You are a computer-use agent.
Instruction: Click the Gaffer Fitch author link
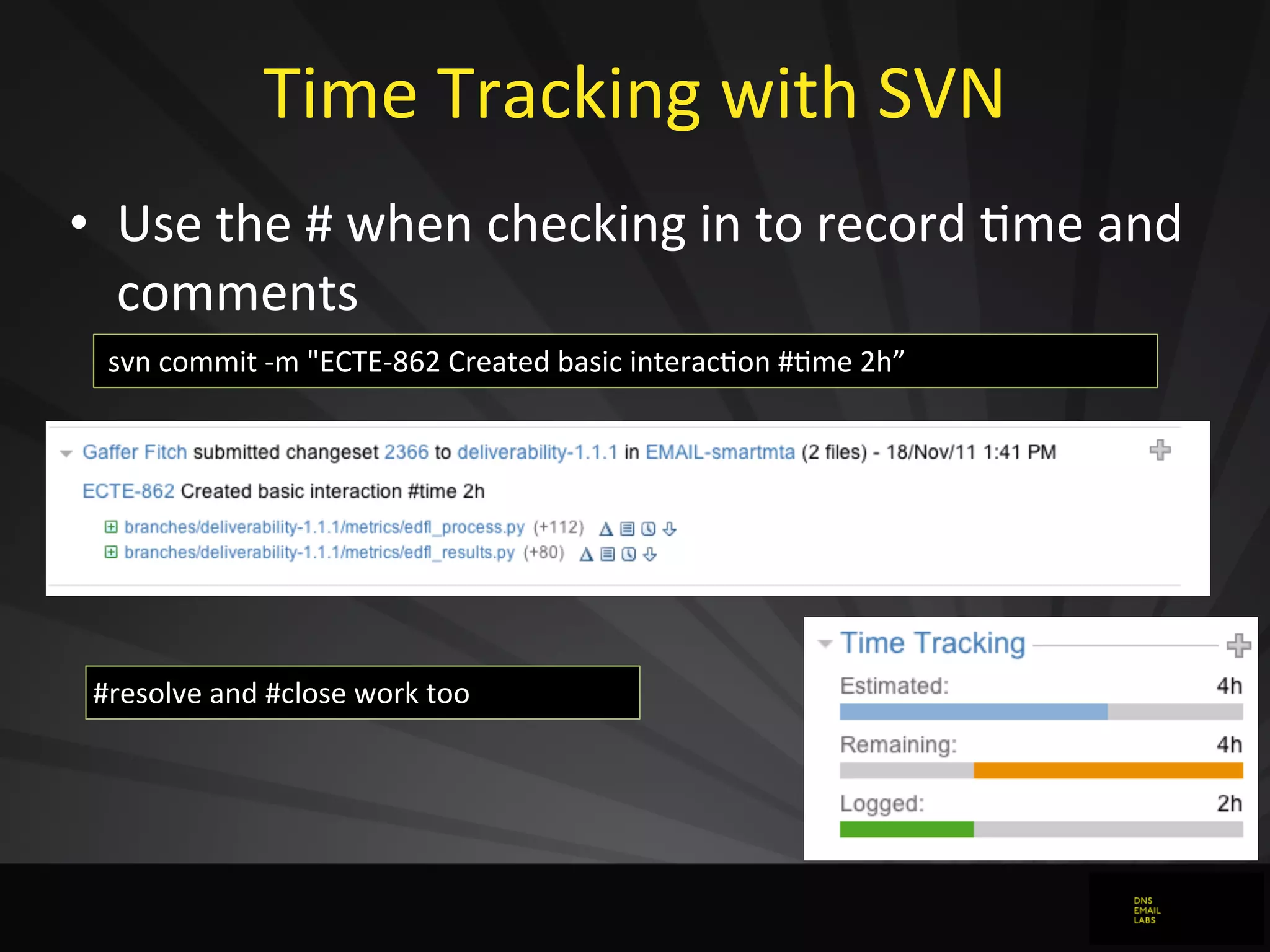click(x=135, y=452)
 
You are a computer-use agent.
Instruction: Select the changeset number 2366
click(x=406, y=452)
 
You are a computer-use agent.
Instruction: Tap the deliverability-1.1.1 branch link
click(x=537, y=452)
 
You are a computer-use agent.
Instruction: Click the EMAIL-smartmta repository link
click(x=720, y=452)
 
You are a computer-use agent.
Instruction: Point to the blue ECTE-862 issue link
click(x=128, y=491)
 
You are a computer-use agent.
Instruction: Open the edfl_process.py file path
click(x=324, y=527)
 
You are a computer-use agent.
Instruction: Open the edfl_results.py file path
click(x=319, y=552)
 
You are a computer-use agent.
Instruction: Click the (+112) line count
click(x=559, y=527)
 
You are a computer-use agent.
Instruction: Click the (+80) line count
click(x=544, y=552)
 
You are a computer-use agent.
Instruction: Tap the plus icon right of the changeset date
click(x=1160, y=450)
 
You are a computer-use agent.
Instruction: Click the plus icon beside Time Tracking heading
click(x=1238, y=645)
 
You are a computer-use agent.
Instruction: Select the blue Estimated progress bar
click(x=973, y=712)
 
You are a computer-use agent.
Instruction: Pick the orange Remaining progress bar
click(x=1108, y=770)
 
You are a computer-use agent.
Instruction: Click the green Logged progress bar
click(x=907, y=829)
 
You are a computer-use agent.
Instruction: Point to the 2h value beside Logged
click(x=1229, y=803)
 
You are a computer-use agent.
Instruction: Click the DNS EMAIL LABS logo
click(x=1147, y=910)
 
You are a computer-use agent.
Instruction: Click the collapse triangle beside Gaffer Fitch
click(x=66, y=453)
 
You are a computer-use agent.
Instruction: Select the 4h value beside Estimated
click(x=1229, y=685)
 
